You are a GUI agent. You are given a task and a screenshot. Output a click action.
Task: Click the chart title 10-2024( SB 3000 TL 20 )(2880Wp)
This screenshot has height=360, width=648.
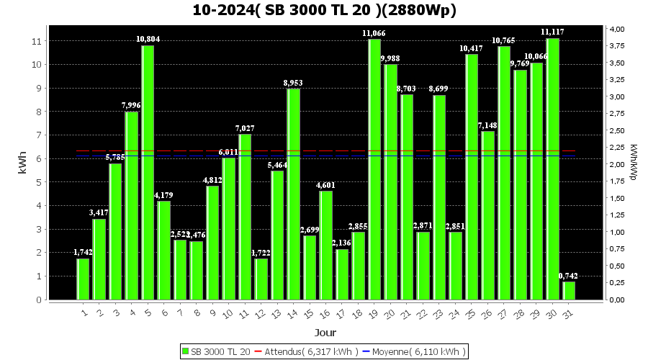[324, 11]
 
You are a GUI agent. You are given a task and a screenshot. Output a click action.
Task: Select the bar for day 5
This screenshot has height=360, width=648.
[148, 173]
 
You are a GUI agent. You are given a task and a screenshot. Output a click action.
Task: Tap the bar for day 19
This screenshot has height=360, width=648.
[374, 169]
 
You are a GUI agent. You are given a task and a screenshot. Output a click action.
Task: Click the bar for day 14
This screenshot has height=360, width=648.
[293, 194]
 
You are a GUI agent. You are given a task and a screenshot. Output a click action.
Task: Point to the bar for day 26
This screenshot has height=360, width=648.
[487, 215]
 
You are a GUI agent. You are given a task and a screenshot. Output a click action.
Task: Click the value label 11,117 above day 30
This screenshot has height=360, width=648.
[552, 32]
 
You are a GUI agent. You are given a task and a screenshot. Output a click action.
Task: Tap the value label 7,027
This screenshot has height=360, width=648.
[245, 128]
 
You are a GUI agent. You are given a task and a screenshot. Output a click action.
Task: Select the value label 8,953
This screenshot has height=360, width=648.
[293, 83]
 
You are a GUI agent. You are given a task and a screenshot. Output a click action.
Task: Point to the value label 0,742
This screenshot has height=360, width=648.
[569, 276]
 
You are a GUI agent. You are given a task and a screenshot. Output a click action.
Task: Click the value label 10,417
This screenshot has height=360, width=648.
[472, 48]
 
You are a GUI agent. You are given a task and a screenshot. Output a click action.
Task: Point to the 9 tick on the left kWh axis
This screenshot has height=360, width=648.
[37, 89]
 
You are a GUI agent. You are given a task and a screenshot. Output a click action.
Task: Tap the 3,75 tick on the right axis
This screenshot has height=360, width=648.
[617, 46]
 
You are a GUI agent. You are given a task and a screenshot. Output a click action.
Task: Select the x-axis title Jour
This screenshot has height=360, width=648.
[325, 333]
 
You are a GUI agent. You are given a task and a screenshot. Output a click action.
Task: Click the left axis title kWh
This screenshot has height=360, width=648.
[22, 163]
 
